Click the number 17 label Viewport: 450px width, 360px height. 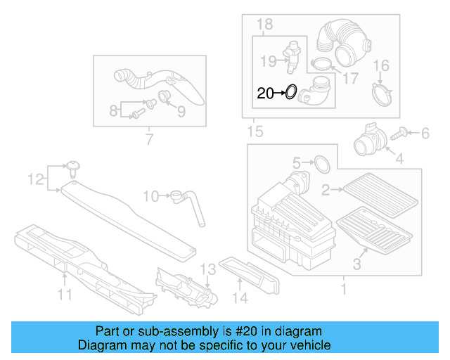coord(350,77)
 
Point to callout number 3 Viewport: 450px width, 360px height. coord(356,264)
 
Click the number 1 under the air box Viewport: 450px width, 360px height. coord(344,289)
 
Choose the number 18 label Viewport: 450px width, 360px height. coord(264,25)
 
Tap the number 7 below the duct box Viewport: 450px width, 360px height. coord(149,139)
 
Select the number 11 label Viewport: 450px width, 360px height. coord(65,295)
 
